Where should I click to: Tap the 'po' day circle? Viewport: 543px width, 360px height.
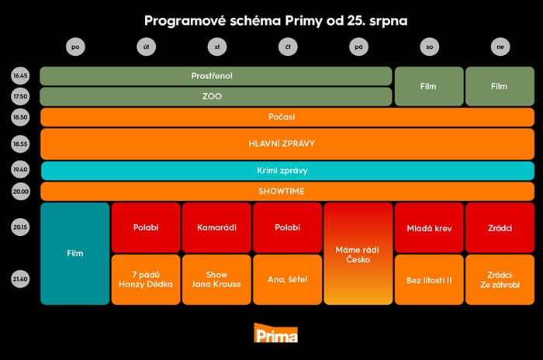click(75, 47)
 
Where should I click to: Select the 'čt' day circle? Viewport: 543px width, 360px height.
click(288, 47)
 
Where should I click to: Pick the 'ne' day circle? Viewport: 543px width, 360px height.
click(500, 47)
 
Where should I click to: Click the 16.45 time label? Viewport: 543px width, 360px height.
click(20, 76)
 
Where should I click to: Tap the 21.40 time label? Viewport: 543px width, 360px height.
click(20, 279)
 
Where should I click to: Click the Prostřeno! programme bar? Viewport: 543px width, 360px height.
click(216, 76)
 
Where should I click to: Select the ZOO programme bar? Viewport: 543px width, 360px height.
click(216, 97)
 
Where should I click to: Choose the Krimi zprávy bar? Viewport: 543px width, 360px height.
click(287, 171)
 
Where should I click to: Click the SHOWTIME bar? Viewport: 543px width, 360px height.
click(287, 192)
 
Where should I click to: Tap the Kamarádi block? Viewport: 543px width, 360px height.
click(216, 227)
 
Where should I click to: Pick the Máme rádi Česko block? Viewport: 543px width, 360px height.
click(358, 254)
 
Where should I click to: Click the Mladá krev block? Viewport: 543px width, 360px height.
click(429, 227)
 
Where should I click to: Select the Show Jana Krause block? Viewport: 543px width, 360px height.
click(216, 279)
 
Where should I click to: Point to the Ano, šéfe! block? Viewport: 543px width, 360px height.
click(288, 279)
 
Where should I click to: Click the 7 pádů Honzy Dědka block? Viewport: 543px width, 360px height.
click(146, 279)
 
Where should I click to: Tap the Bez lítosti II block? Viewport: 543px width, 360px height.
click(429, 279)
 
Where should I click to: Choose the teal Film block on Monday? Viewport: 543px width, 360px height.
click(75, 254)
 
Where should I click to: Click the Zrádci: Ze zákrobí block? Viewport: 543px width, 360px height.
click(500, 279)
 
